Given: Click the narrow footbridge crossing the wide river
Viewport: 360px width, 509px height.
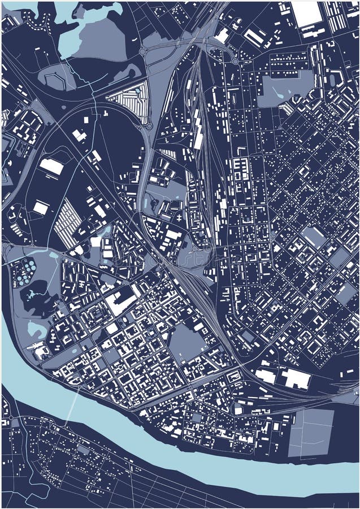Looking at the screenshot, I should pyautogui.click(x=73, y=407).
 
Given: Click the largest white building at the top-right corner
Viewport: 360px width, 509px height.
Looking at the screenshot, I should pyautogui.click(x=306, y=14).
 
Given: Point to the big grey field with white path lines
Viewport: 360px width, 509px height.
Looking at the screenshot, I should pyautogui.click(x=310, y=433).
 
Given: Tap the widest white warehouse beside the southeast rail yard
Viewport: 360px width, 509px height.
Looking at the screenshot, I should pyautogui.click(x=295, y=378).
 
